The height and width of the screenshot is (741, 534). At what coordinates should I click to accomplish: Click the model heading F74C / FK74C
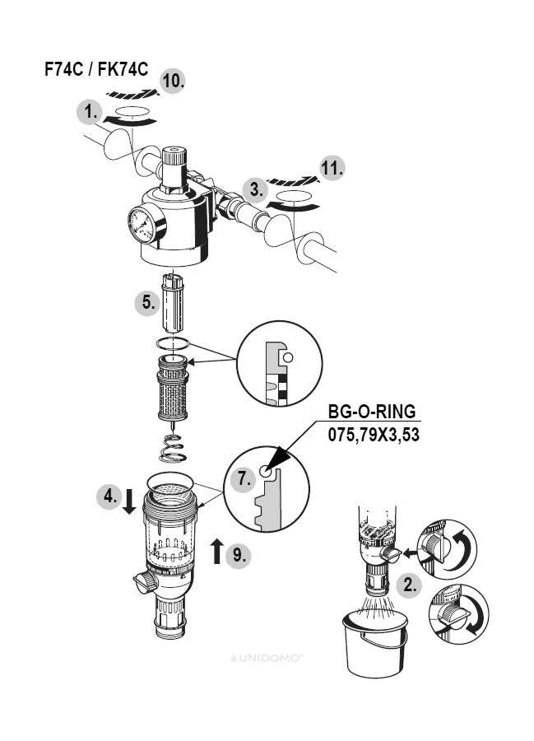click(x=96, y=69)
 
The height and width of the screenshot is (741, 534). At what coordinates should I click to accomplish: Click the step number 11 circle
click(x=332, y=169)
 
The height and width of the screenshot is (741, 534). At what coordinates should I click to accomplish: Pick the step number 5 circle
click(x=147, y=302)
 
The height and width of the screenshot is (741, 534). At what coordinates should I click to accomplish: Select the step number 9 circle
click(x=238, y=554)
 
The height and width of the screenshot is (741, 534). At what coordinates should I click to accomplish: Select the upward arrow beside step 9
click(x=217, y=551)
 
